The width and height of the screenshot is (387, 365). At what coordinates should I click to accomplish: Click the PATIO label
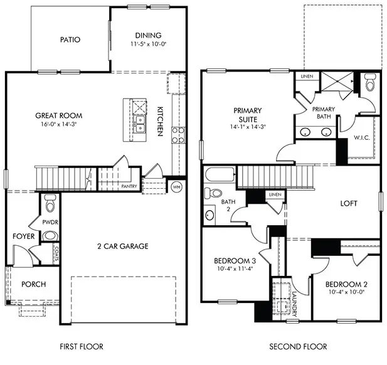tap(70, 40)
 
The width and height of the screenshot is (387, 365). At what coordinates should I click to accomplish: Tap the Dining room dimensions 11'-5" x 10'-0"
tap(148, 45)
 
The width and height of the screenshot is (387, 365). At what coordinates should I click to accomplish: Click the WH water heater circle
tap(176, 186)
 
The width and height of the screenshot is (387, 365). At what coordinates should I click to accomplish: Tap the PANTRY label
tap(129, 186)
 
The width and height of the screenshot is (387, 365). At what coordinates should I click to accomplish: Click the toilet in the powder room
tap(50, 203)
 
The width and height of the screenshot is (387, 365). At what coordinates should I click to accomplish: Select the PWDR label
tap(50, 222)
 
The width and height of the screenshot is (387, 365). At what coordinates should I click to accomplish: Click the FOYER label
tap(23, 236)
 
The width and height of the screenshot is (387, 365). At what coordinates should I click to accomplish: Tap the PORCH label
tap(33, 284)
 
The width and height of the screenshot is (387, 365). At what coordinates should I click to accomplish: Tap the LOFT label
tap(349, 203)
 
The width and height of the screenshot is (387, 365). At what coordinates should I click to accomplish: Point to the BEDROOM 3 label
tap(235, 261)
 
